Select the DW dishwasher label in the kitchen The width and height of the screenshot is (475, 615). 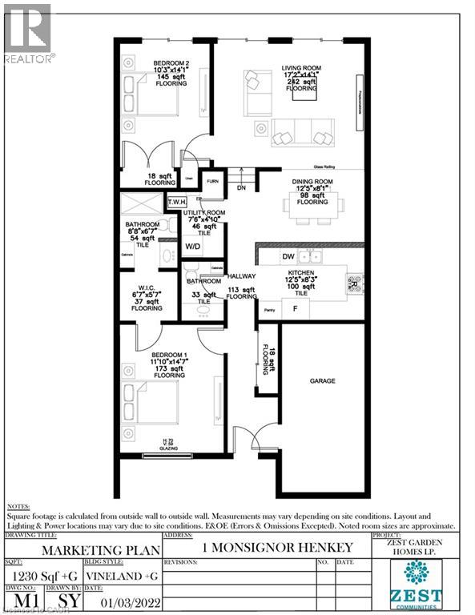[x=288, y=256]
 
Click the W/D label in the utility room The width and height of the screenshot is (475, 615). [x=193, y=247]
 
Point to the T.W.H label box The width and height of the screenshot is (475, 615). [x=176, y=202]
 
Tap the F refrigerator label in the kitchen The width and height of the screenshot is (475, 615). [x=295, y=307]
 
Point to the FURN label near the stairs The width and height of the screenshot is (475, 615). [x=212, y=182]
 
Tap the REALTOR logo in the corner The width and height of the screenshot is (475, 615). [x=27, y=32]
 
